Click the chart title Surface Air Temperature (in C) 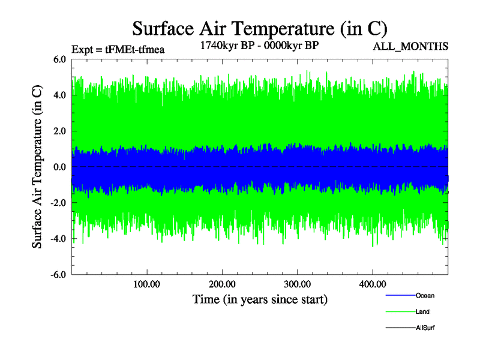[x=260, y=28]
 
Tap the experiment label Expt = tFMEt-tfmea [x=118, y=49]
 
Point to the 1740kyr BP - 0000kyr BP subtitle [x=259, y=45]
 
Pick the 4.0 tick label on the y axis [x=60, y=95]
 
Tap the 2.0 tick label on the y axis [x=60, y=131]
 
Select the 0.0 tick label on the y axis [x=60, y=167]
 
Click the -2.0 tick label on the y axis [x=59, y=203]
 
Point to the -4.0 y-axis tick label [x=59, y=239]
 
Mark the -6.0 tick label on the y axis [x=59, y=275]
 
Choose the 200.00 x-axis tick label [x=222, y=284]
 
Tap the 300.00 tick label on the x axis [x=297, y=284]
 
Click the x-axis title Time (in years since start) [x=260, y=299]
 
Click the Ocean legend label [x=425, y=296]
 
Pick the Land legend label [x=422, y=311]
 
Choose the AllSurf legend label [x=425, y=328]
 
